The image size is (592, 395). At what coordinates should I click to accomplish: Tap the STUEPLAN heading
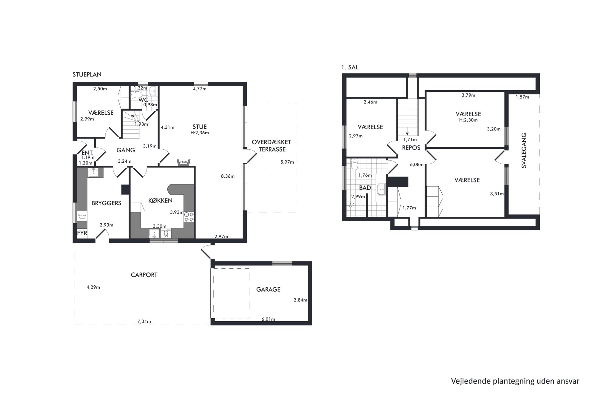87,75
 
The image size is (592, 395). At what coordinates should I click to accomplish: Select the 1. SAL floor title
350,67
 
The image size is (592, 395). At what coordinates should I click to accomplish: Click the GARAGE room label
268,289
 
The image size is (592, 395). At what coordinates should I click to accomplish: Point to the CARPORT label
144,275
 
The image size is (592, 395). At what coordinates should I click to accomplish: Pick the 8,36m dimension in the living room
228,176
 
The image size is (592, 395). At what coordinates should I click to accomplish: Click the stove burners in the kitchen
189,217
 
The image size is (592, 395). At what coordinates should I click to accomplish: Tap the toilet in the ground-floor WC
138,95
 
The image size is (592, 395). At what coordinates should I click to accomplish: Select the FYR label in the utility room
82,233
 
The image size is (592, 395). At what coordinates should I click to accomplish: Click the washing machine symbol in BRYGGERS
82,216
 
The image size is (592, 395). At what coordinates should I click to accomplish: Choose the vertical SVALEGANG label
524,150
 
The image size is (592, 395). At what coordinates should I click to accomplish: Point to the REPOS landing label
411,147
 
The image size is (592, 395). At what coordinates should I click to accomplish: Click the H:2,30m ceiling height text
468,120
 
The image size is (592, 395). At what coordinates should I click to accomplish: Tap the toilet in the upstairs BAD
354,164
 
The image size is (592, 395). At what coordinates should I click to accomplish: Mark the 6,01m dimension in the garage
268,319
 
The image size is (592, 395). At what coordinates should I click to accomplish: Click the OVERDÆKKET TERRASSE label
272,146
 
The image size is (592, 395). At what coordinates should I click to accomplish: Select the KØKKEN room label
161,200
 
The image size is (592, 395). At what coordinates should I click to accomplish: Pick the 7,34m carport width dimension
144,322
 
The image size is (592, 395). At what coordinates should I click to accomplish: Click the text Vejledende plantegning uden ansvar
515,381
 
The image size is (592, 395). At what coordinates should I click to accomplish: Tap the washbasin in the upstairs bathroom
381,188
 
